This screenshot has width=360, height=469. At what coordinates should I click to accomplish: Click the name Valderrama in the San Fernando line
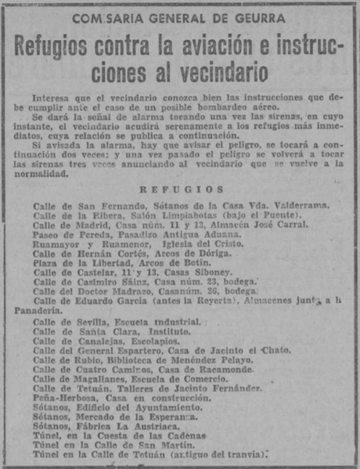point(293,206)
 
